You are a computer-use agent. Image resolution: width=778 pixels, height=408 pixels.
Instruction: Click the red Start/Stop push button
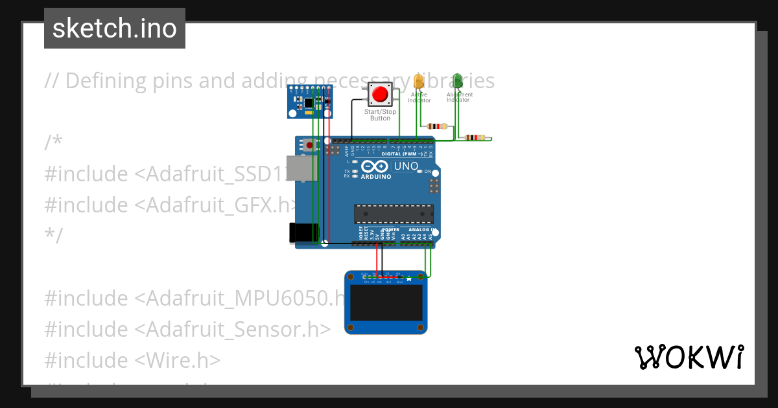pyautogui.click(x=380, y=95)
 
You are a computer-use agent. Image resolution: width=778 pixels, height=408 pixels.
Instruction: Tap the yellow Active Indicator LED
pyautogui.click(x=418, y=82)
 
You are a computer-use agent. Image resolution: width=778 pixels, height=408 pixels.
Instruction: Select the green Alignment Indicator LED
pyautogui.click(x=457, y=81)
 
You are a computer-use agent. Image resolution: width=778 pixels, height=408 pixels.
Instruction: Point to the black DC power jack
pyautogui.click(x=303, y=233)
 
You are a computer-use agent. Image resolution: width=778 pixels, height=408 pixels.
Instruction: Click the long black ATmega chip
pyautogui.click(x=394, y=214)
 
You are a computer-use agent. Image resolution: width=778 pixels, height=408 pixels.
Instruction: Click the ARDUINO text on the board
pyautogui.click(x=376, y=176)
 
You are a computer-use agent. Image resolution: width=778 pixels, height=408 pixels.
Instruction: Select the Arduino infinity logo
pyautogui.click(x=375, y=166)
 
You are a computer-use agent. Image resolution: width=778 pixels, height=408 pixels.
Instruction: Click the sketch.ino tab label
pyautogui.click(x=115, y=28)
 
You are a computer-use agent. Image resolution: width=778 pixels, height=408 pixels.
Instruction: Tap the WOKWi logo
pyautogui.click(x=689, y=357)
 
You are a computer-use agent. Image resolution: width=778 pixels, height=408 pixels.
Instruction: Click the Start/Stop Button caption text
pyautogui.click(x=380, y=115)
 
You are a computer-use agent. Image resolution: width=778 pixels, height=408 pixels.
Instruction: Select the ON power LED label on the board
pyautogui.click(x=428, y=171)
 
